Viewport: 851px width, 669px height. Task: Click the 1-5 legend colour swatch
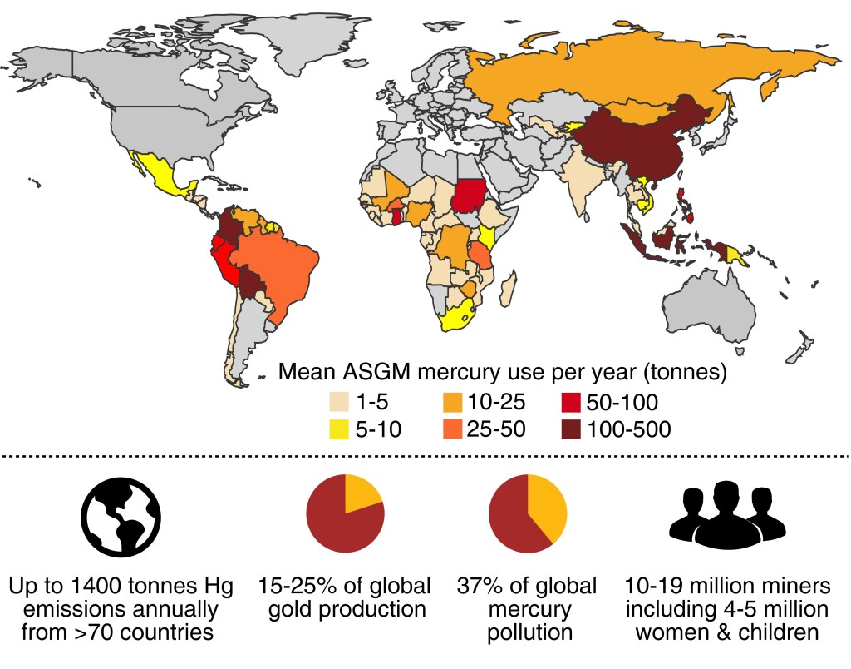339,403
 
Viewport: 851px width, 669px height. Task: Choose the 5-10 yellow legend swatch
339,429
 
